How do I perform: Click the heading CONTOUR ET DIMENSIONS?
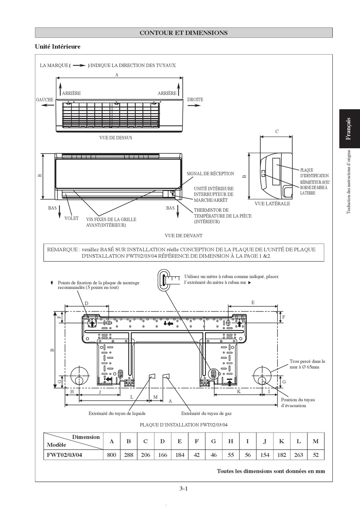pos(184,33)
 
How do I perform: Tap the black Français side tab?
pos(349,129)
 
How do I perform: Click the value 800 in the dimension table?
pos(111,455)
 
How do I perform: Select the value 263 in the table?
pos(299,455)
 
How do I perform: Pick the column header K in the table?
pos(282,441)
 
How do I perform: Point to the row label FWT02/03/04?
pos(64,455)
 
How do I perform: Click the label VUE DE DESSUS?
pos(116,138)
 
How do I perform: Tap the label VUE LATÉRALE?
pos(272,204)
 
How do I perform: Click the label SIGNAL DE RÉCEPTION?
pos(210,174)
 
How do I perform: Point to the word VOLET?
pos(72,218)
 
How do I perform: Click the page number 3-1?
pos(183,488)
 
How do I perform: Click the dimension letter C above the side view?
pos(277,132)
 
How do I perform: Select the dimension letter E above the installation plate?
pos(253,303)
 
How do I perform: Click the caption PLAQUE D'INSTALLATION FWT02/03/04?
pos(184,425)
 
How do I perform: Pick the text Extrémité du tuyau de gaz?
pos(206,413)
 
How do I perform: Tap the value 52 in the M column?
pos(316,455)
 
